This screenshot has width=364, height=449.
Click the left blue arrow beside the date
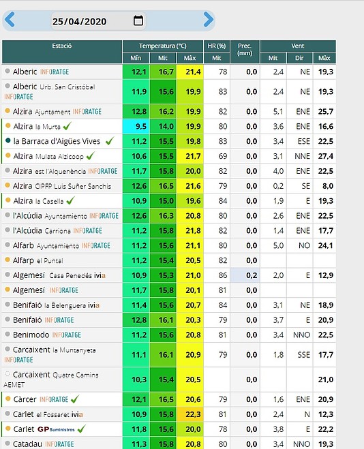tap(10, 20)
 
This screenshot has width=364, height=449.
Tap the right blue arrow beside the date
tap(209, 20)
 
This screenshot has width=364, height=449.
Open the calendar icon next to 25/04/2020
tap(138, 20)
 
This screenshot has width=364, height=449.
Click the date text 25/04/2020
tap(79, 22)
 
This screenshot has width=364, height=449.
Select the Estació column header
tap(62, 46)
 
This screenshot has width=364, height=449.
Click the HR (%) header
tap(217, 46)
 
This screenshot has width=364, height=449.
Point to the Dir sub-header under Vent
tap(299, 58)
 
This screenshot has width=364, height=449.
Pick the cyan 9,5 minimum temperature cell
tap(136, 127)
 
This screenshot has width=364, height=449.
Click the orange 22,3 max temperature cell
tap(190, 414)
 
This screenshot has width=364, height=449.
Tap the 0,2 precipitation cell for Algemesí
tap(245, 275)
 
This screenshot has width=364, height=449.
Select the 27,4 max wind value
tap(326, 156)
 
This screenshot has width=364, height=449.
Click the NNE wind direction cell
tap(302, 156)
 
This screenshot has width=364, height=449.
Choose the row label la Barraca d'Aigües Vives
tap(57, 142)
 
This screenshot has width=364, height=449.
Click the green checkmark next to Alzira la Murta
tap(67, 126)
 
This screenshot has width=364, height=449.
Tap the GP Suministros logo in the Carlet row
tap(56, 429)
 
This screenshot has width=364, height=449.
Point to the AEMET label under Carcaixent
tap(14, 385)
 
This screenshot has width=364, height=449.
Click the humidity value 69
tap(223, 156)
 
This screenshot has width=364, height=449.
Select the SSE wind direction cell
tap(303, 355)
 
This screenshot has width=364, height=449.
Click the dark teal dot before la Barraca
tap(8, 140)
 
